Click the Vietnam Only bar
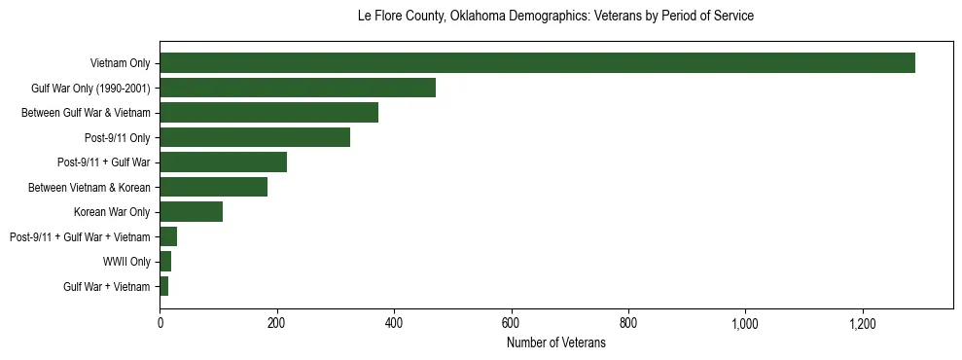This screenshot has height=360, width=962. pos(537,63)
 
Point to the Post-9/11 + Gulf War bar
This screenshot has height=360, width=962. pos(223,162)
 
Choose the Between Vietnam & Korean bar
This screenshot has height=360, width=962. pos(213,187)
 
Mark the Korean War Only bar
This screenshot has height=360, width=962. pos(191,212)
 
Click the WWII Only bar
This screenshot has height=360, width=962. pos(165,262)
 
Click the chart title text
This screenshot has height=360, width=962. pos(555,17)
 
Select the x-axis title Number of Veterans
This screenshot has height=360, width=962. pos(555,342)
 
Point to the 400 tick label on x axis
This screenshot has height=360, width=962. pos(394,323)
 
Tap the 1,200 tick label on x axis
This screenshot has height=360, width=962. pos(863,323)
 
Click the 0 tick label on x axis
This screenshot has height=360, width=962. pos(160,323)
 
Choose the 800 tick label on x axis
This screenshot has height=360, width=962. pos(628,323)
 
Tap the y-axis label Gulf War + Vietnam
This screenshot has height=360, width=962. pos(107,286)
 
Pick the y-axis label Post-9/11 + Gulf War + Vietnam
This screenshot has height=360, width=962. pos(80,236)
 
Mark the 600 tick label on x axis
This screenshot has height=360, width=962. pos(511,323)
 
